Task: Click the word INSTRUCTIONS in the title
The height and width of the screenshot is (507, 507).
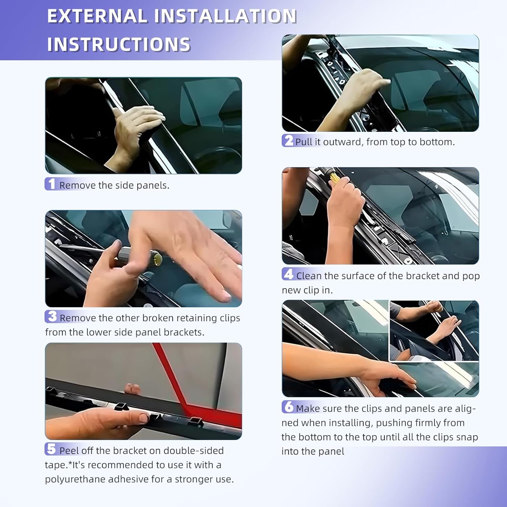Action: point(119,45)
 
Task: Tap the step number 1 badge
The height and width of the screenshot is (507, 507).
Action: point(51,184)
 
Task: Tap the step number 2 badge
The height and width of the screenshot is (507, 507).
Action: point(288,141)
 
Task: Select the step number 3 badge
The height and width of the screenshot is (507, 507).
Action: point(52,317)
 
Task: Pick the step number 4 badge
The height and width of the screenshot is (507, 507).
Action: point(288,274)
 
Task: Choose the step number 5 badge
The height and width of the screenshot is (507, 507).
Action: point(51,449)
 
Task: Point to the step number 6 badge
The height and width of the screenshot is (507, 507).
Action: point(288,407)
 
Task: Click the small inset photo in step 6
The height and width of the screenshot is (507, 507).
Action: point(434,331)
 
